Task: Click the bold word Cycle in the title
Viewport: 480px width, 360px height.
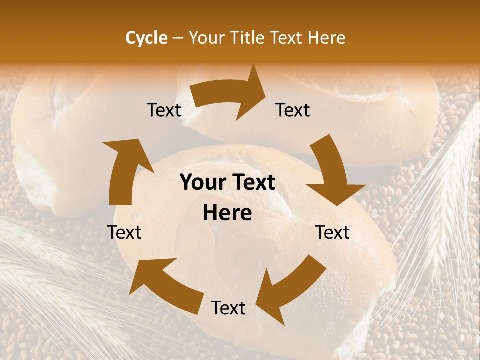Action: [146, 38]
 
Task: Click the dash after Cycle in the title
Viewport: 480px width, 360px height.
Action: [178, 38]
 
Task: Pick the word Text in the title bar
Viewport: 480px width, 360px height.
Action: [285, 38]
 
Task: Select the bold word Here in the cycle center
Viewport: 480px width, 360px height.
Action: [227, 213]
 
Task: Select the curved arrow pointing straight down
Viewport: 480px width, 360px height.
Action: [332, 172]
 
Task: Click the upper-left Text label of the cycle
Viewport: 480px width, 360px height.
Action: [164, 110]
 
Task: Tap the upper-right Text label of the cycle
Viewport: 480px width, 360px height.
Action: [293, 110]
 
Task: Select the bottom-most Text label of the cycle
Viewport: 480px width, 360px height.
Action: [228, 308]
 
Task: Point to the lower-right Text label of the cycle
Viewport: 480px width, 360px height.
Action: [332, 233]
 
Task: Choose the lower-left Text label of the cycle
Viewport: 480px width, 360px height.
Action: [124, 233]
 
